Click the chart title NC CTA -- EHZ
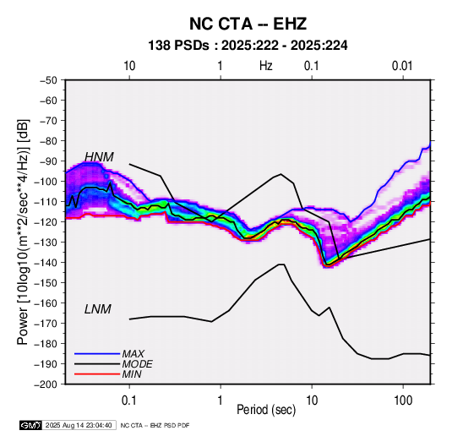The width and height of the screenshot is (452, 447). point(248,24)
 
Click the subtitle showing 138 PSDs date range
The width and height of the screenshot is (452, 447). point(248,46)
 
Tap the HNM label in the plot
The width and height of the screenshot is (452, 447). point(99,157)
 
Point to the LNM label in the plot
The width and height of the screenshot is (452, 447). point(98,309)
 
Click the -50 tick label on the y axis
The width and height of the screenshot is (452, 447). point(48,80)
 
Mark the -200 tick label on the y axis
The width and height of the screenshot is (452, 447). point(46,384)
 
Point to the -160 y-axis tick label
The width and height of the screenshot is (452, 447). point(46,303)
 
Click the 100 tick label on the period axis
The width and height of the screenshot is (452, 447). point(403,401)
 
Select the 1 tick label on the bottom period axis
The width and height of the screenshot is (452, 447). point(221,401)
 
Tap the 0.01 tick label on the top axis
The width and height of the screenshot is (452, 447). point(402,66)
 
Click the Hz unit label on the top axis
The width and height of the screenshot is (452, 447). point(266,66)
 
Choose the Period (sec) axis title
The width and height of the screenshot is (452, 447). point(266,410)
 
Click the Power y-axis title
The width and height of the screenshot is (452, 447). point(23,232)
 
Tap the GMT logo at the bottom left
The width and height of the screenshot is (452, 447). point(31,425)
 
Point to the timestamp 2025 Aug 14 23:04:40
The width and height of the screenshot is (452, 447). point(79,425)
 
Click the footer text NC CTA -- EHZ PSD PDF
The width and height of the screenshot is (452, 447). point(155,425)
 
